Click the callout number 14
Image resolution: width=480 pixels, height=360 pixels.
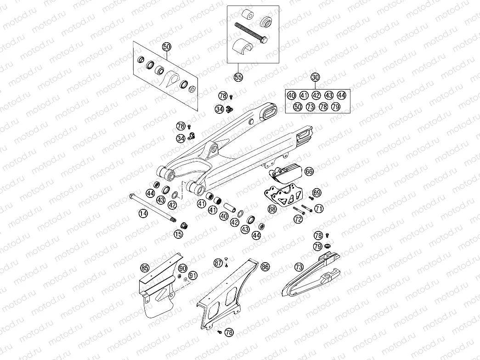pyautogui.click(x=144, y=213)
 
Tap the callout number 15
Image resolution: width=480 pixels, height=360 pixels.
pyautogui.click(x=178, y=234)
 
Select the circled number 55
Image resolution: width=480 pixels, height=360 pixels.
pyautogui.click(x=238, y=77)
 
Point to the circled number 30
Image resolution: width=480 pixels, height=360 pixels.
pyautogui.click(x=315, y=77)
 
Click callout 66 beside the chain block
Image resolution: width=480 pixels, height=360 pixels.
pyautogui.click(x=309, y=171)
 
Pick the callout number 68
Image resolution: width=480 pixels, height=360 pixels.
pyautogui.click(x=272, y=209)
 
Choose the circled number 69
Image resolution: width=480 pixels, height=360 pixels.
pyautogui.click(x=316, y=192)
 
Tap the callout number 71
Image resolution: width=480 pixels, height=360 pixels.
pyautogui.click(x=319, y=208)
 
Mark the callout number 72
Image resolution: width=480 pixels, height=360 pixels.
pyautogui.click(x=299, y=219)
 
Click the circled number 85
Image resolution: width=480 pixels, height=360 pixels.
pyautogui.click(x=145, y=268)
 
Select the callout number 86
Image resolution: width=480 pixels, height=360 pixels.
pyautogui.click(x=265, y=266)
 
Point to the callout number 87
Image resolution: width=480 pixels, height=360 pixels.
pyautogui.click(x=218, y=263)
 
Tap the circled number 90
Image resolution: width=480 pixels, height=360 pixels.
pyautogui.click(x=183, y=268)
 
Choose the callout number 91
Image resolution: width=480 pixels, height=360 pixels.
pyautogui.click(x=192, y=276)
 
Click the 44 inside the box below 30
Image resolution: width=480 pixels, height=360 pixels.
pyautogui.click(x=341, y=96)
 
